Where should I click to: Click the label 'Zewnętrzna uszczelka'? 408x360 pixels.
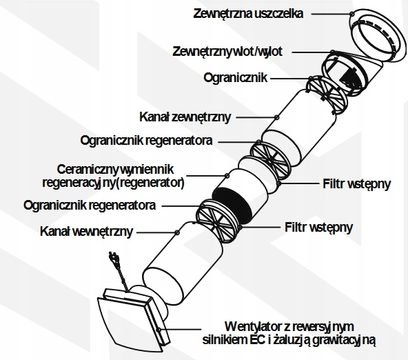pos(248,14)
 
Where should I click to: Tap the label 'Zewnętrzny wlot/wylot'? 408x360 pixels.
pos(227,52)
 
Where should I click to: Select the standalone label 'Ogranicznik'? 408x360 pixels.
pos(236,77)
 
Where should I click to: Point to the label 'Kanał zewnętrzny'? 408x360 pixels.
pos(185,117)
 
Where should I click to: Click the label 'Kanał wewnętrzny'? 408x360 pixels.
pos(87,232)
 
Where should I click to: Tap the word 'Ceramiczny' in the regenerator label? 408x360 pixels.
pos(86,170)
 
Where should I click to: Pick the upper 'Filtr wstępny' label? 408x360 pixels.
pos(357,183)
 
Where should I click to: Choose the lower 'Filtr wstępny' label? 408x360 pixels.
pos(318,228)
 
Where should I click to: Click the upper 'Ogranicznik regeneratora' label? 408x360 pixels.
pos(147,141)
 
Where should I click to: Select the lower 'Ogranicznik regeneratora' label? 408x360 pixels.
pos(90,206)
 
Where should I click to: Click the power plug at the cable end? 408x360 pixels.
pos(114,258)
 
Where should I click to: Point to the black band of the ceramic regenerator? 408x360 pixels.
pos(232,205)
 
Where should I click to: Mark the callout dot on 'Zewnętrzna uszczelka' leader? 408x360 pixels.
pos(351,14)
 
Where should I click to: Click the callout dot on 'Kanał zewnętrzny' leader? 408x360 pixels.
pos(277,117)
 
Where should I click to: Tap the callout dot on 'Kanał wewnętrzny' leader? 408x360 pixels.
pos(177,232)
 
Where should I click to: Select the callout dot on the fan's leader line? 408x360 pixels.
pos(159,330)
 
